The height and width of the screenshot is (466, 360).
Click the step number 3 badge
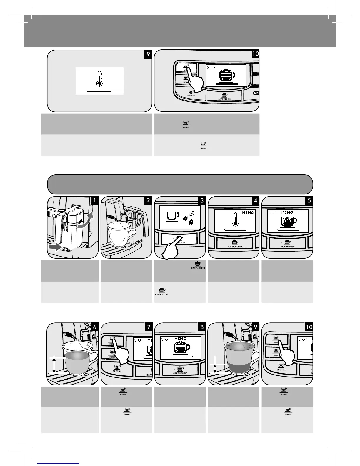[202, 200]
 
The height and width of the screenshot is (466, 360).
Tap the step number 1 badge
[95, 200]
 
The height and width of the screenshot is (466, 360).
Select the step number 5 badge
[309, 200]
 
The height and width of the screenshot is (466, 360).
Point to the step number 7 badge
[148, 327]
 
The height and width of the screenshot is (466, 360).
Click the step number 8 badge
[202, 327]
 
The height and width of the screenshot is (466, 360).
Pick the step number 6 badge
[95, 327]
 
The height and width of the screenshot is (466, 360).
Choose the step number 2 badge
[148, 200]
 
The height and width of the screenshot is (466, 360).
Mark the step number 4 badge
[255, 200]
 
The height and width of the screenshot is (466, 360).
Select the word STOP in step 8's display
[165, 339]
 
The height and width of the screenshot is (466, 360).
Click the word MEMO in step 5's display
[287, 212]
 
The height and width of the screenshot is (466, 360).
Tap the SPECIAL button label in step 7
[117, 369]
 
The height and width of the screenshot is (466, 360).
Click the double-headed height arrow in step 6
[54, 365]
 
